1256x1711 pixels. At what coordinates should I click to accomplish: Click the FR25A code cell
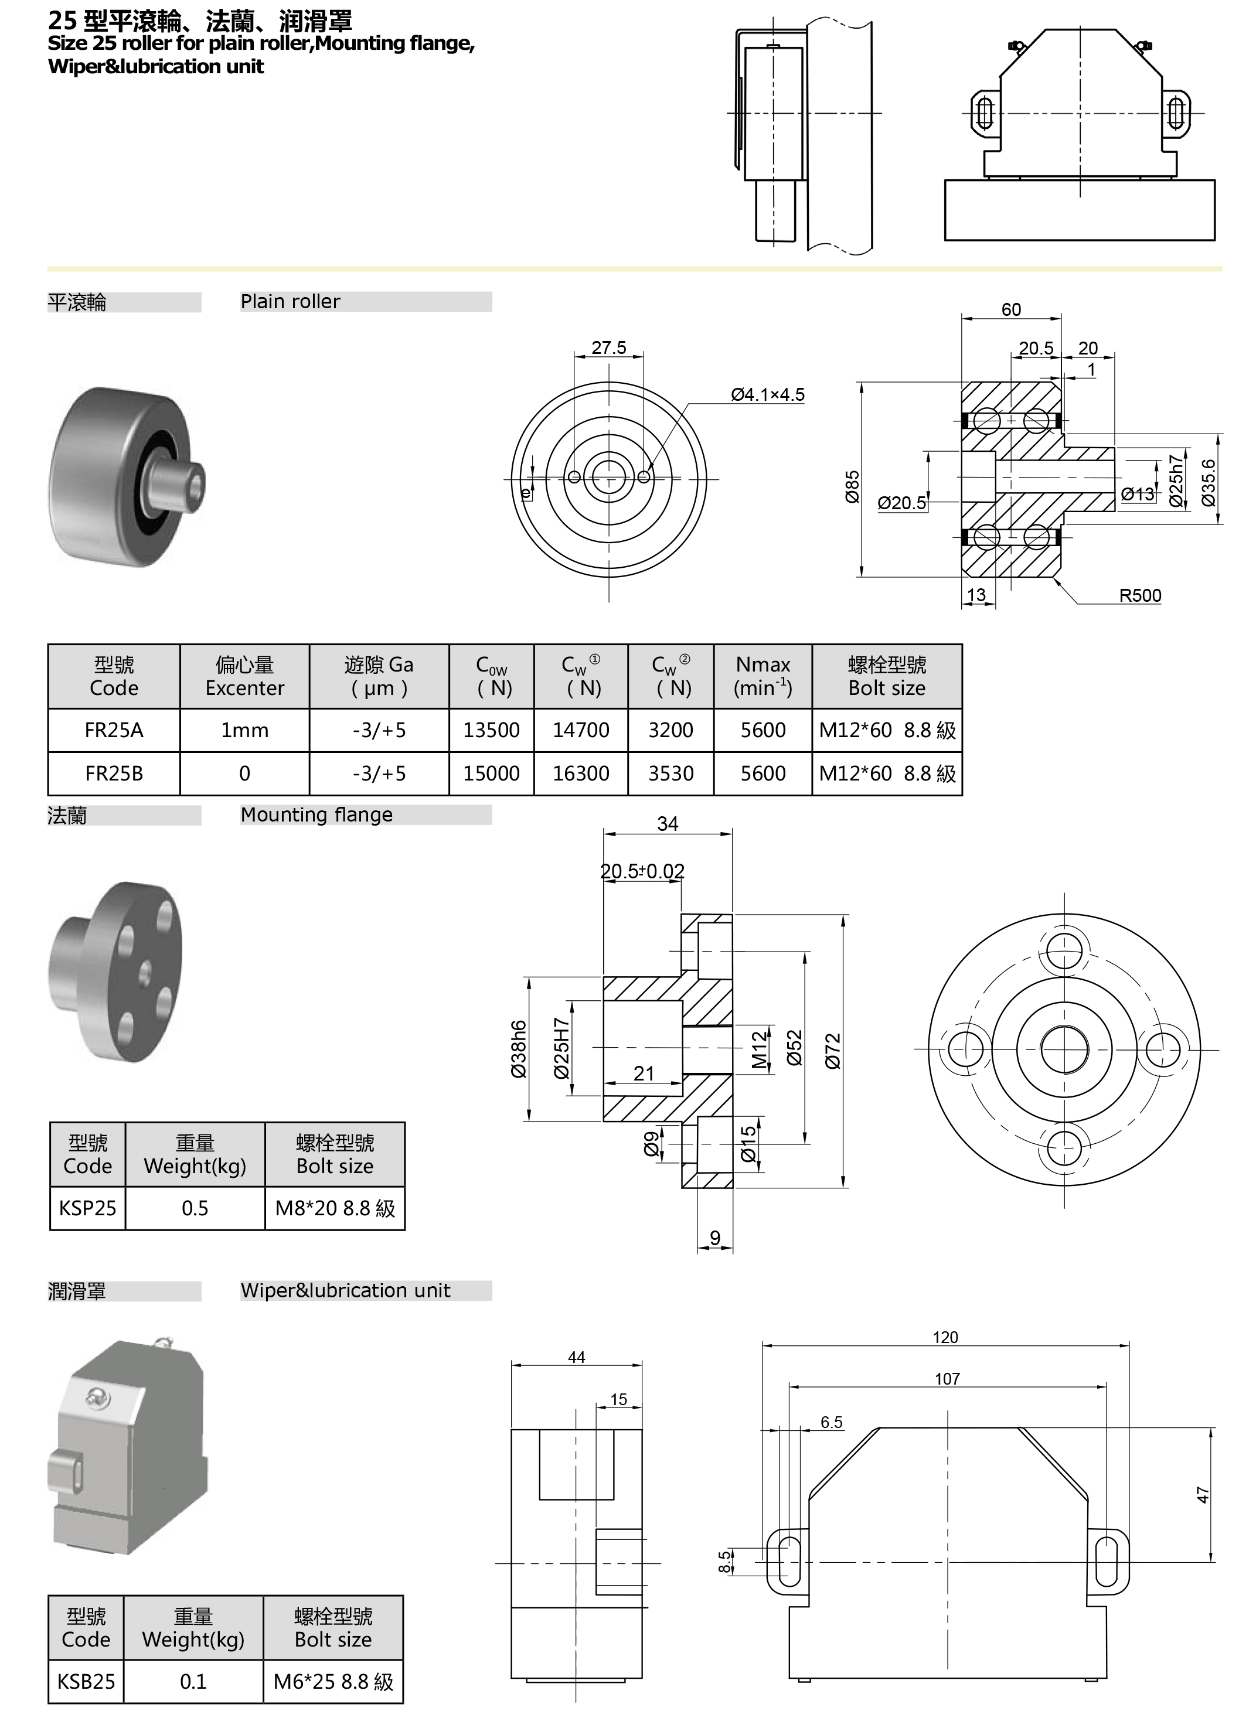tap(114, 731)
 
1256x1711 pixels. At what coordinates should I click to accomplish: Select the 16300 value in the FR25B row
tap(581, 774)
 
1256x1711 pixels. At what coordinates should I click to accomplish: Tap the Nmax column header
tap(763, 677)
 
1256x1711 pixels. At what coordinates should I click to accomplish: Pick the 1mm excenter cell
tap(245, 731)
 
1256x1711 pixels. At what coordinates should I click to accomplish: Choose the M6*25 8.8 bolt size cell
tap(333, 1681)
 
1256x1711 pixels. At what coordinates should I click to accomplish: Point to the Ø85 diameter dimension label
tap(852, 486)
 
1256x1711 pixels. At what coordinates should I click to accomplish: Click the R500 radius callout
tap(1140, 595)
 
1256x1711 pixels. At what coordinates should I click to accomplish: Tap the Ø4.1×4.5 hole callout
tap(767, 394)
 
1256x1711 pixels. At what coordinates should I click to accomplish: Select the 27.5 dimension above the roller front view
tap(609, 347)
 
